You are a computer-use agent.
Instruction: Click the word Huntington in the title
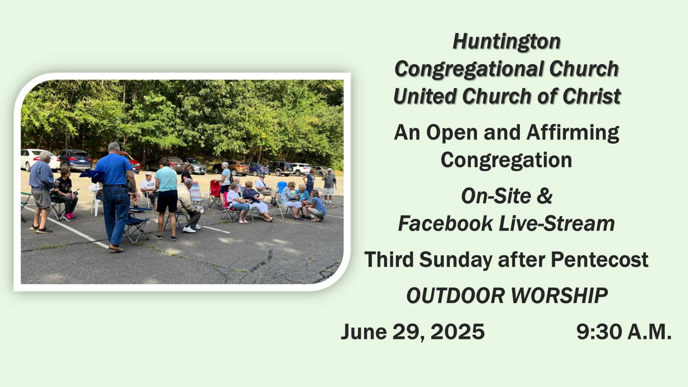pos(507,42)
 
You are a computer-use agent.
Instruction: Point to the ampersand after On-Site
pos(544,196)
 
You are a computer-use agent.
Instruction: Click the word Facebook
pos(445,223)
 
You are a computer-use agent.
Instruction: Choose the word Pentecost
pos(599,260)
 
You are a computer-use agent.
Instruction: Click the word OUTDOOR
pos(455,296)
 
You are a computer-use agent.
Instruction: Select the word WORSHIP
pos(559,296)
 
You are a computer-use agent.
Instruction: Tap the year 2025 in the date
pos(458,332)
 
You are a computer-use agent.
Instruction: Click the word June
pos(364,332)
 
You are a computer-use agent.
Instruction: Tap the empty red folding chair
pos(215,193)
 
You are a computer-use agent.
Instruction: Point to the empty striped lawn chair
pos(197,195)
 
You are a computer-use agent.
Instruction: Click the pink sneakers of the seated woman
pos(69,217)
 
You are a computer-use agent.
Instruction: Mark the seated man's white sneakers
pos(191,228)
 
